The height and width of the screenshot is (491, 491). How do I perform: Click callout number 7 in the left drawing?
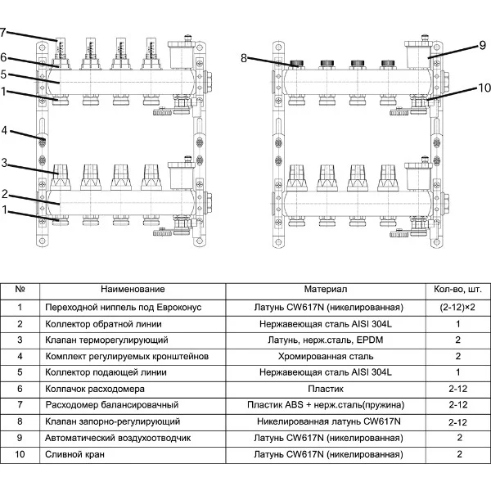coord(3,33)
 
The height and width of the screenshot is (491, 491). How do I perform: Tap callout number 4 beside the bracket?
coord(4,130)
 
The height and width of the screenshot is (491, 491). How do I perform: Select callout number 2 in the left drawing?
coord(4,194)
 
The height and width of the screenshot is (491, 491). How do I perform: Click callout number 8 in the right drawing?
coord(244,57)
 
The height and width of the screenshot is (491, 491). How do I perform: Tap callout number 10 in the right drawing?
coord(483,88)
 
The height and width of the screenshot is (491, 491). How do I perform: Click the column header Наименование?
coord(133,289)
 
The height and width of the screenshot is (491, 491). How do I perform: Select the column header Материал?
coord(326,289)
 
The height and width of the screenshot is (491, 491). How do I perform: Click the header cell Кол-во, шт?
coord(459,289)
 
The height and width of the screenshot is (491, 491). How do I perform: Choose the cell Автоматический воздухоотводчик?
coord(119,438)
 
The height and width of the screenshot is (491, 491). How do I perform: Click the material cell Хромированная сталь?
coord(327,355)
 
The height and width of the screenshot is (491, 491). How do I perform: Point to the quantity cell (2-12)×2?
coord(459,306)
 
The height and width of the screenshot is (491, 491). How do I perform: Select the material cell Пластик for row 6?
coord(327,388)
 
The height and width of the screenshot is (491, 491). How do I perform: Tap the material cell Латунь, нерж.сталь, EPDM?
coord(327,339)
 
